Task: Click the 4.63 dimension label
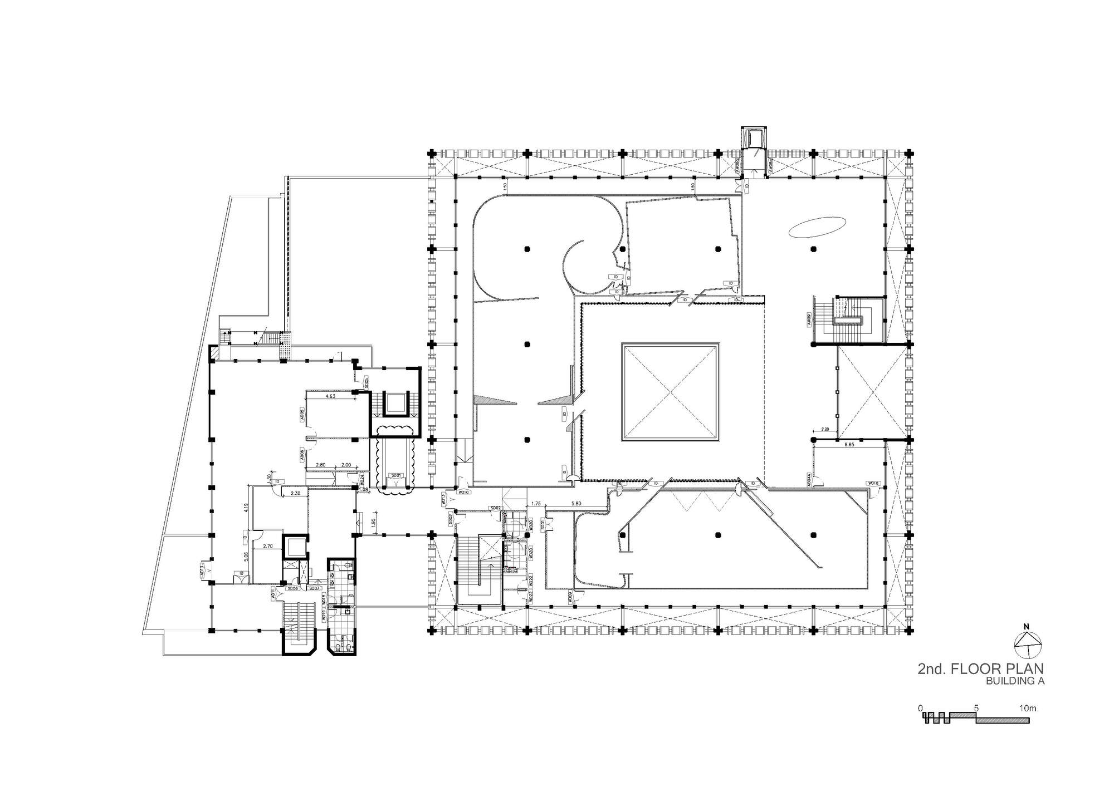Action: [330, 396]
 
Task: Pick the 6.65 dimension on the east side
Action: [849, 445]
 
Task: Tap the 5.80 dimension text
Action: [576, 503]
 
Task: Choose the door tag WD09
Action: [570, 599]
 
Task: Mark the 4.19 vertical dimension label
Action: [246, 507]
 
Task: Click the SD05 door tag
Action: [367, 382]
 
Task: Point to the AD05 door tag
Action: [301, 415]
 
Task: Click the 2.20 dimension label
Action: [825, 429]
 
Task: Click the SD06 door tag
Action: [292, 588]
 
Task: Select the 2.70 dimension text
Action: [268, 547]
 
